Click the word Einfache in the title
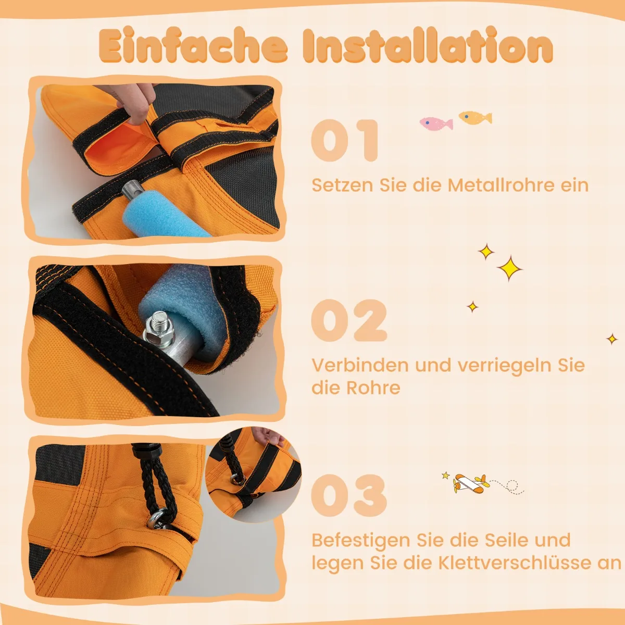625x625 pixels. (x=193, y=45)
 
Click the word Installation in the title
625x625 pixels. (x=428, y=45)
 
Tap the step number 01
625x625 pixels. (x=345, y=140)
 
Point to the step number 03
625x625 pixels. (x=349, y=496)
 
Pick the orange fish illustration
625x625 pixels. (x=475, y=117)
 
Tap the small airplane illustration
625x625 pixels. (x=471, y=484)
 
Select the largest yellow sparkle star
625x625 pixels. (x=509, y=269)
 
